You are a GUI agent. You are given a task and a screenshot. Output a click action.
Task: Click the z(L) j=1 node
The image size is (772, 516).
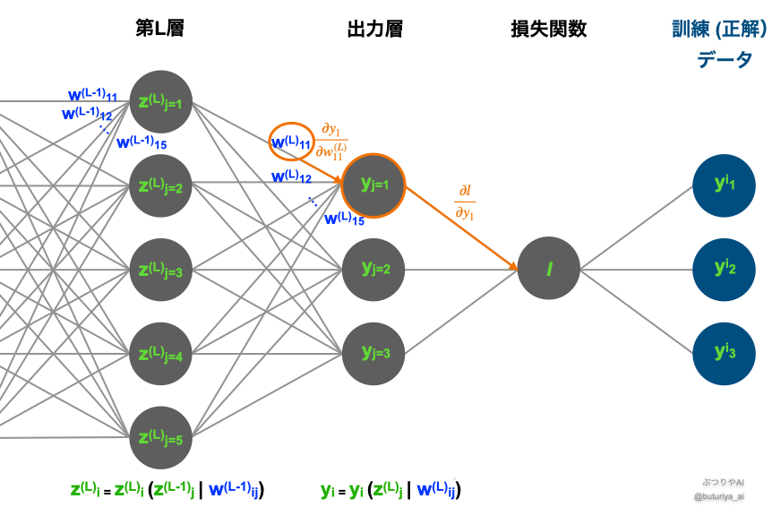point(161,101)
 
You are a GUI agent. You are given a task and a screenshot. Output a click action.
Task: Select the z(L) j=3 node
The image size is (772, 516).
point(161,270)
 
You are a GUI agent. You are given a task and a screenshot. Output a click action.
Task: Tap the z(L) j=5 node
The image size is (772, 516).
point(161,438)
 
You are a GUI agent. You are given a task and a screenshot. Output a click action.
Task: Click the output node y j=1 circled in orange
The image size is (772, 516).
point(373,185)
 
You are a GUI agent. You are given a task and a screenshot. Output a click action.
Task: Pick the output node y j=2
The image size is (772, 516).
point(373,269)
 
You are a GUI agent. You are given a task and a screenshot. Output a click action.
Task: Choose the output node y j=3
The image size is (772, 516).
point(373,352)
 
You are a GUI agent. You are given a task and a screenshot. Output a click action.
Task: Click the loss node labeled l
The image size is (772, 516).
point(549,269)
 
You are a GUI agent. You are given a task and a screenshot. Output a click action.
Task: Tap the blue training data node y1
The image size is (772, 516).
point(725,185)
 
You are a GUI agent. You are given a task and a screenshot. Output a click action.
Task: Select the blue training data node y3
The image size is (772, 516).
point(725,352)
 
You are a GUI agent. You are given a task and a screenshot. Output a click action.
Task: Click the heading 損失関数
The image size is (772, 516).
point(549,29)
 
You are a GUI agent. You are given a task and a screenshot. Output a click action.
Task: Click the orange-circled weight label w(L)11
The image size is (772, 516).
point(291,142)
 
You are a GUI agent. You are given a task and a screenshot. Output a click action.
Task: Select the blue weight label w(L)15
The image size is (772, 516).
point(344,218)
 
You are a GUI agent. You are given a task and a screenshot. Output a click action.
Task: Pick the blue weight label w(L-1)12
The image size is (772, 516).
point(86,114)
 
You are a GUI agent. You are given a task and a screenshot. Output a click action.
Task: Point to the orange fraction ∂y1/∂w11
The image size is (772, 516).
point(332,139)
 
